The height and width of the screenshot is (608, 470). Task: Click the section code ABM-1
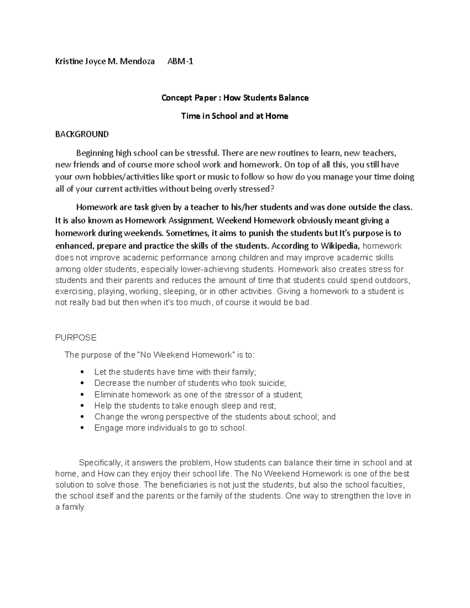[180, 61]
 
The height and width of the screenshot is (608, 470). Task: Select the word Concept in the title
[175, 98]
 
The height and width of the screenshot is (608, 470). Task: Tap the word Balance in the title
[294, 98]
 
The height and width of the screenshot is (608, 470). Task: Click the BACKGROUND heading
[82, 134]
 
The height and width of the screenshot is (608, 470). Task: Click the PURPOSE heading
[76, 337]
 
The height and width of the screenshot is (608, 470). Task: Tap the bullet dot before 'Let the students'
[81, 372]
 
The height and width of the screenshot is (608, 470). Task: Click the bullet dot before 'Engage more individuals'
[81, 428]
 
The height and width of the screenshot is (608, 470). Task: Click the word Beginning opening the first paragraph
[94, 153]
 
